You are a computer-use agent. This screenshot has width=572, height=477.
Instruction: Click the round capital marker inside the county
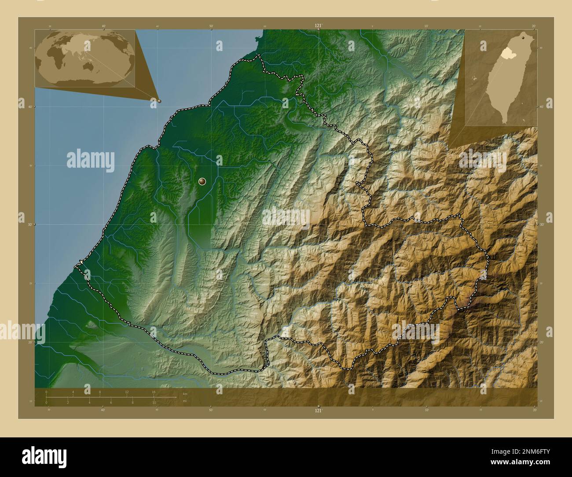tap(202, 181)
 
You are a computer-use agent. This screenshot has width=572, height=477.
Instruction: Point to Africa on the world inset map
tap(58, 56)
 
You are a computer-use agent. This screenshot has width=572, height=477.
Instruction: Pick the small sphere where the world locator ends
tap(159, 101)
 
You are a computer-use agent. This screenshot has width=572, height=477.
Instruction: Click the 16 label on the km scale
tap(154, 392)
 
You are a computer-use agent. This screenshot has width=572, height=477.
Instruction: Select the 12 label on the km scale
tap(127, 392)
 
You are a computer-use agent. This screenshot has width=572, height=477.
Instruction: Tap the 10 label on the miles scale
tap(154, 403)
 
